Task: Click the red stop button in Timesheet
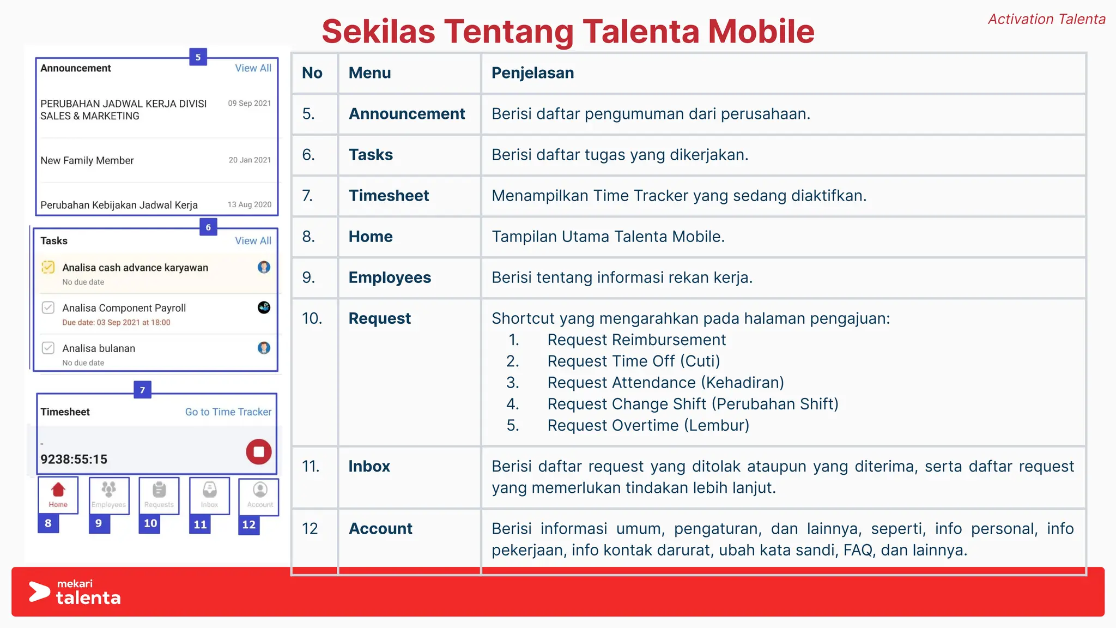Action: click(259, 452)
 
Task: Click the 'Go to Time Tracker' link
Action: click(228, 412)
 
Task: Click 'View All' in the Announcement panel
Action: click(253, 68)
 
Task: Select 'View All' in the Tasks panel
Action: click(253, 241)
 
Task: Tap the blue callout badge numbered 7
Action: click(142, 390)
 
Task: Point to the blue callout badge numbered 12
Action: click(249, 524)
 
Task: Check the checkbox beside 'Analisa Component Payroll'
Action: click(48, 307)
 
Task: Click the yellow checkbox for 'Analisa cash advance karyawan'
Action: click(48, 267)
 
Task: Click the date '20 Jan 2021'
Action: click(250, 160)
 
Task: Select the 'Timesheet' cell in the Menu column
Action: click(389, 196)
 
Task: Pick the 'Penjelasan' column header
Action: click(532, 73)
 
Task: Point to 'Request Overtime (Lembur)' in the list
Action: click(648, 425)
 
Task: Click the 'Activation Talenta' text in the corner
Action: click(1046, 20)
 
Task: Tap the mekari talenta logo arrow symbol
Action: click(39, 592)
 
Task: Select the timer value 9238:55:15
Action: click(74, 460)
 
